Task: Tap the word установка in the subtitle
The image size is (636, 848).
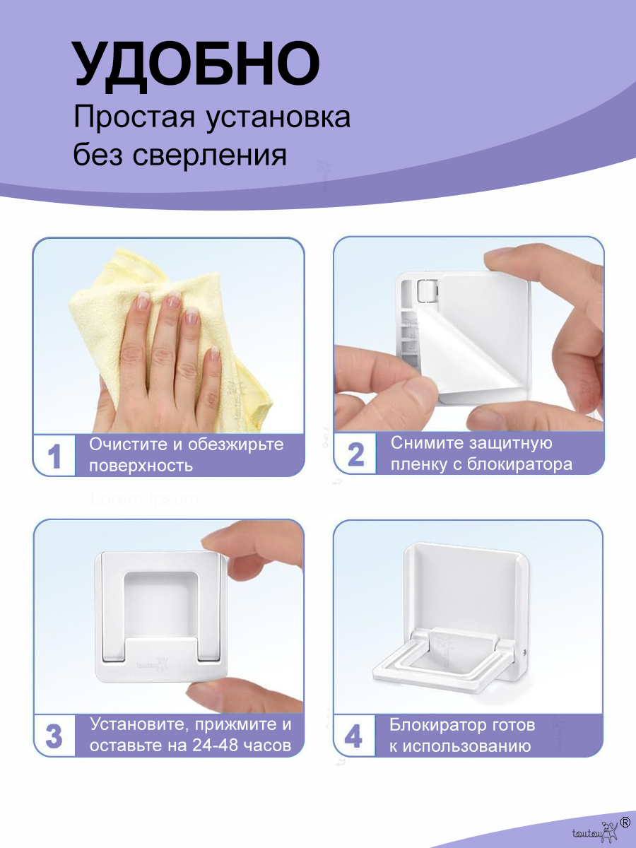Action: [x=278, y=117]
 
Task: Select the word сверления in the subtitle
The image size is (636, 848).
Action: [x=209, y=155]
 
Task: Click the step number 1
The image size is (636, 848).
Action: [x=54, y=457]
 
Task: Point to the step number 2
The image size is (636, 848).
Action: [x=355, y=454]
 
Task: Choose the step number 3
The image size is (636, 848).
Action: [x=54, y=736]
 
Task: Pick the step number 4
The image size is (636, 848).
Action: [x=354, y=736]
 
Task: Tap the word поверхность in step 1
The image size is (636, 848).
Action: [x=141, y=466]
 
